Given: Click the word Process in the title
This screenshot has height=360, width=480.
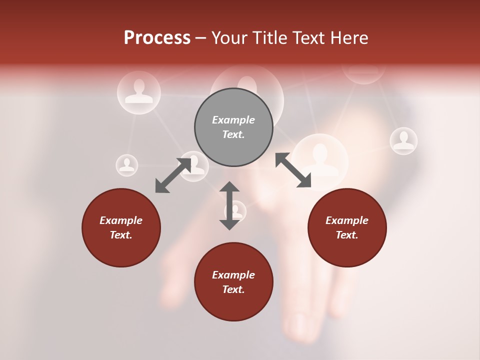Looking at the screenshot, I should tap(157, 37).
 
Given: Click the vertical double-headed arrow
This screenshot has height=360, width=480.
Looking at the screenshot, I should tap(229, 205).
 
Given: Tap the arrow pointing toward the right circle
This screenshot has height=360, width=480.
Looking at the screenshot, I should tap(293, 170).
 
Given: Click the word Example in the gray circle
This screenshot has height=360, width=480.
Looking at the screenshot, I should tap(233, 120).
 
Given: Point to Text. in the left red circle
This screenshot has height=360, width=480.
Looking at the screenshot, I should tap(121, 235).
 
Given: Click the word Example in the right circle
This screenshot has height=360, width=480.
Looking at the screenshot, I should tap(347, 220).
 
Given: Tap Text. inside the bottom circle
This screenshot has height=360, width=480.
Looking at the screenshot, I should tap(233, 289).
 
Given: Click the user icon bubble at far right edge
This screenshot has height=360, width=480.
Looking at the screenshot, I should tap(403, 141).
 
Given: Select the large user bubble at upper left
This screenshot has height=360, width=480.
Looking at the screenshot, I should tap(139, 92).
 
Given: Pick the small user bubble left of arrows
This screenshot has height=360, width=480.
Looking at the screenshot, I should tap(127, 165).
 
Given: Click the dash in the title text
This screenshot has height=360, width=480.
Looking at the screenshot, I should tap(201, 38).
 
